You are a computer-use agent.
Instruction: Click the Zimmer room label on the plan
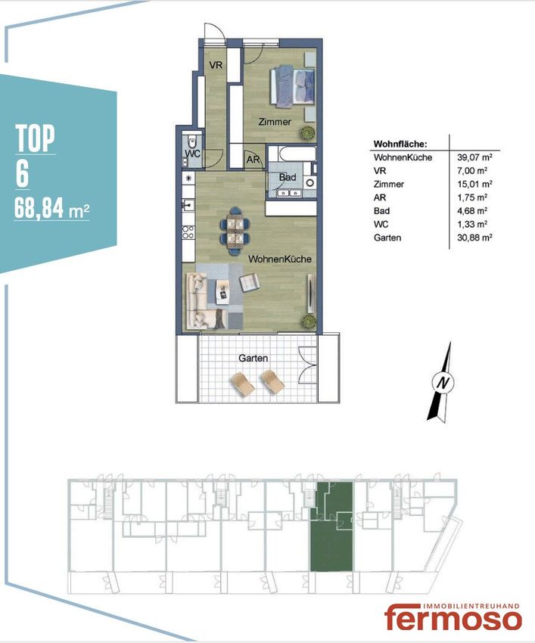click(275, 122)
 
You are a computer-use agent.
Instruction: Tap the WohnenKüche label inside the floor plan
click(280, 259)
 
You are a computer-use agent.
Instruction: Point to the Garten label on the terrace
click(254, 358)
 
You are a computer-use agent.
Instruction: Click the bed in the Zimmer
click(292, 87)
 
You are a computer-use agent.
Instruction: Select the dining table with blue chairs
click(235, 231)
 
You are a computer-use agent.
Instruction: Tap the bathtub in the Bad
click(291, 154)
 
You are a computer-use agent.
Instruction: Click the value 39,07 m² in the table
click(474, 157)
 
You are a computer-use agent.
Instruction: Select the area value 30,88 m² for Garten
click(474, 238)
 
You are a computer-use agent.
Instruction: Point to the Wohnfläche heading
click(400, 144)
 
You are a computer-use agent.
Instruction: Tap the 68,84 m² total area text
click(51, 208)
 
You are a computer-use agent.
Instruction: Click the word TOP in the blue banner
click(35, 138)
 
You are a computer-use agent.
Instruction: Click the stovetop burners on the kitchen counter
click(188, 232)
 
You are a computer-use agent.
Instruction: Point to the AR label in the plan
click(254, 160)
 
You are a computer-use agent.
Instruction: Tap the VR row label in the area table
click(380, 171)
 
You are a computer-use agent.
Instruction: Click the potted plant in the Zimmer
click(306, 133)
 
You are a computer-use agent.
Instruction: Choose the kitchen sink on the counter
click(188, 203)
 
